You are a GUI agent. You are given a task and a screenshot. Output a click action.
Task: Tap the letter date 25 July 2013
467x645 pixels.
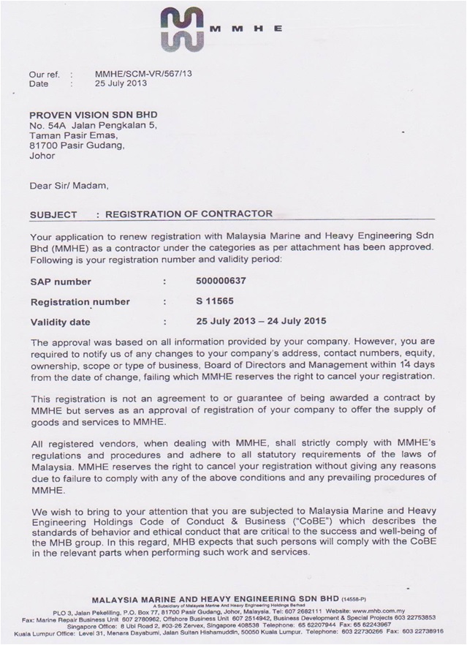(121, 83)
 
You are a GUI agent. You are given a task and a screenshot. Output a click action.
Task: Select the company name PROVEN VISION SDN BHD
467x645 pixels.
(93, 115)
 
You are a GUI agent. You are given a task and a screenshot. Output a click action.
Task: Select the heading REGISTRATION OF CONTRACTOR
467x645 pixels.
(189, 214)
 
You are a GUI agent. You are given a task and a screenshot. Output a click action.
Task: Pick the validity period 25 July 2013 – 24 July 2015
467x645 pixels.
(261, 321)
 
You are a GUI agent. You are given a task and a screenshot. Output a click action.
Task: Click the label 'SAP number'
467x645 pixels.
(61, 281)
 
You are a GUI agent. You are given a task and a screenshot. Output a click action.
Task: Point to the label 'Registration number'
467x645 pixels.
(80, 301)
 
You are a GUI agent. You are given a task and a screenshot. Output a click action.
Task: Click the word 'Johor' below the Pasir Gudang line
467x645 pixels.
(42, 155)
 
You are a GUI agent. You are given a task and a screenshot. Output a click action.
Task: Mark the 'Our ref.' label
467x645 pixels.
(43, 74)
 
